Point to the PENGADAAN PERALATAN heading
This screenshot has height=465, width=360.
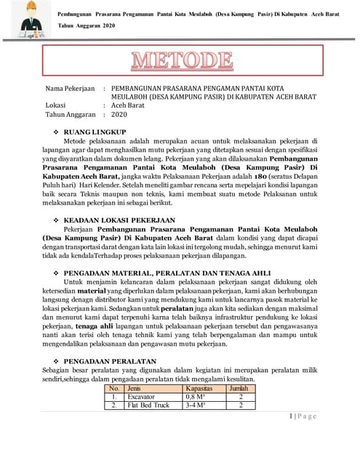111,360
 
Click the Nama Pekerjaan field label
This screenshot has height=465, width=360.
71,87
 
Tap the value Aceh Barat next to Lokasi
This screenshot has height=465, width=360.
128,105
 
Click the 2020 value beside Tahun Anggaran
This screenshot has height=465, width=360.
119,114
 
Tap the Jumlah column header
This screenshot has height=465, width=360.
239,389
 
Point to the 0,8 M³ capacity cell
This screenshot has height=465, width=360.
196,397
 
